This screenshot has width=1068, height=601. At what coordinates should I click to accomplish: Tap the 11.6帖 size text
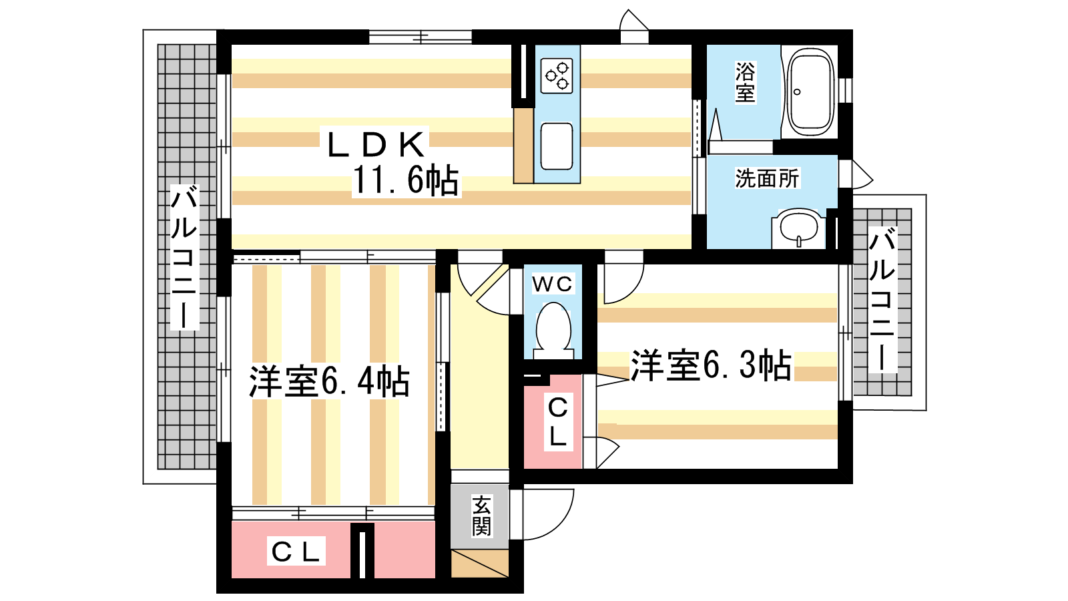(405, 180)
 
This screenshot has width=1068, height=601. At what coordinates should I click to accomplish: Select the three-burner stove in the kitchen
(557, 76)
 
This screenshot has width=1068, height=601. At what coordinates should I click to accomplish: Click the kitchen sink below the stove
(557, 146)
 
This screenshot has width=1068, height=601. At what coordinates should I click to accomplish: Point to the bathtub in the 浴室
(810, 91)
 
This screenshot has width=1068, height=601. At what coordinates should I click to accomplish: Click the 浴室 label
(745, 82)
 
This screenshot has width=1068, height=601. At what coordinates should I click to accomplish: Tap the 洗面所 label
(767, 178)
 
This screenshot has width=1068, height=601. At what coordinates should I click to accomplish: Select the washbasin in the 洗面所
(798, 228)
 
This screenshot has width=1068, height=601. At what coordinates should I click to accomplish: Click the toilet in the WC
(553, 330)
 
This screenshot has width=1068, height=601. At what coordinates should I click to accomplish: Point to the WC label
(552, 284)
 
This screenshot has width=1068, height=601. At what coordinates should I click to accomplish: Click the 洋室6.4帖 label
(329, 381)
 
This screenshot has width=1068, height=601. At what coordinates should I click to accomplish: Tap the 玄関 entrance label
(481, 515)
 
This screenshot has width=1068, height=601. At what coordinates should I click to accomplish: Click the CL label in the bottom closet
(296, 552)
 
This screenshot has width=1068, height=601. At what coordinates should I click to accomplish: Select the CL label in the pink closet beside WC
(558, 421)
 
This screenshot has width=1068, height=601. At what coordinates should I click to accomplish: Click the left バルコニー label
(184, 258)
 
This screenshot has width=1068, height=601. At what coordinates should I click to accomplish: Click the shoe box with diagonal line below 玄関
(480, 564)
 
